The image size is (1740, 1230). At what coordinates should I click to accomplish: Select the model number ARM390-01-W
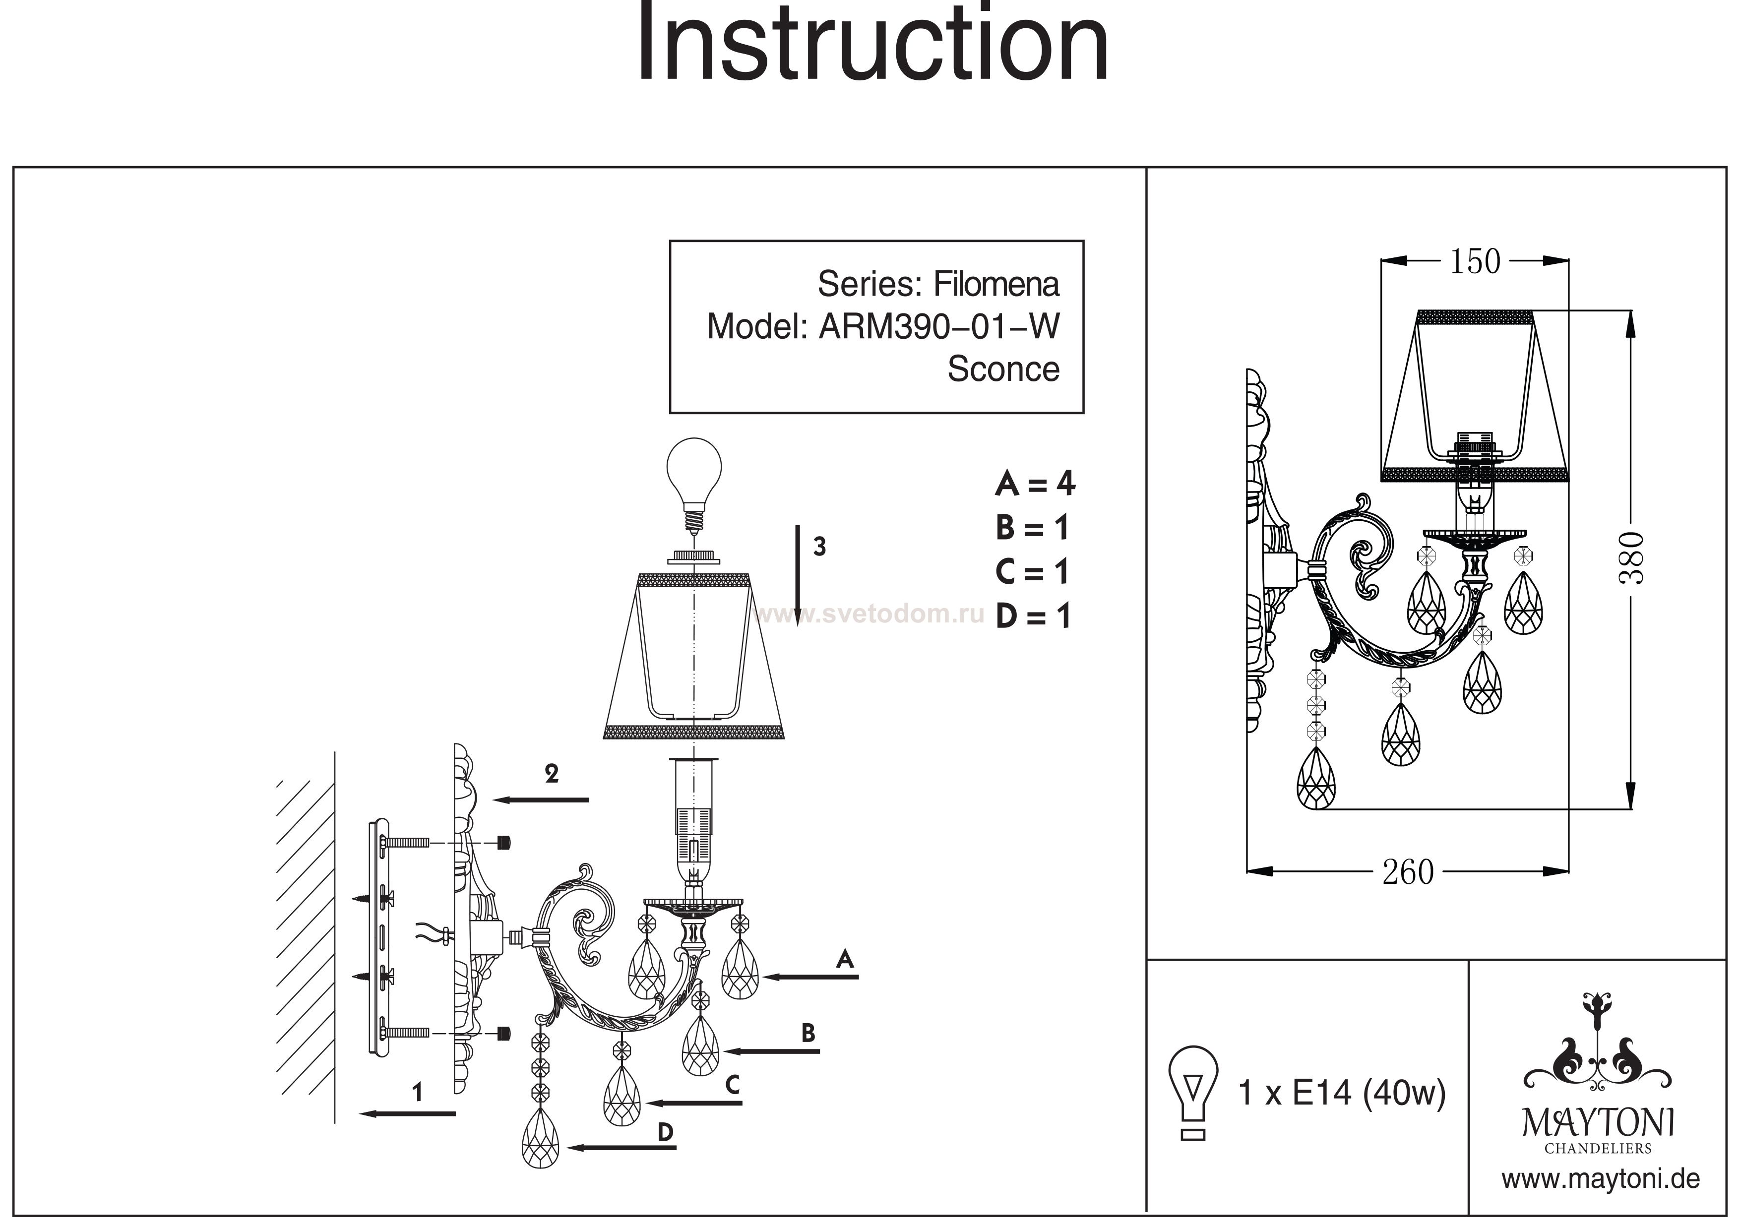(939, 327)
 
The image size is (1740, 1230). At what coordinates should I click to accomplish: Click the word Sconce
(1002, 369)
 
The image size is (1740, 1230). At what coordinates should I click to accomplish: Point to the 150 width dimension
(1474, 261)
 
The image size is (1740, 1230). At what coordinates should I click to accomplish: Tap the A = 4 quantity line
(1035, 484)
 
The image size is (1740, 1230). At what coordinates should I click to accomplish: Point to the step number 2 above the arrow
(552, 773)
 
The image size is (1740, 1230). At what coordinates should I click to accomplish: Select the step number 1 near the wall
(417, 1092)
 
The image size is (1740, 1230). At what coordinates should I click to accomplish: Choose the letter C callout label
(732, 1085)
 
